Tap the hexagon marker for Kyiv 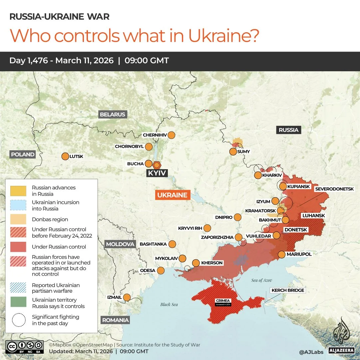[157, 165]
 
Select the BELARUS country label [113, 115]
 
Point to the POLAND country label [23, 155]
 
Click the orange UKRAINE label [173, 195]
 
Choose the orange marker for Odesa [161, 270]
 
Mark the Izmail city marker [127, 297]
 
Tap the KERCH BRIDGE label [288, 290]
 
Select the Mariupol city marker [281, 254]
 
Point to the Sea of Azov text [262, 280]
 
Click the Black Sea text [169, 304]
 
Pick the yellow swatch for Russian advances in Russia [18, 191]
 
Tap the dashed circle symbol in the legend [18, 320]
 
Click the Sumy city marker [233, 152]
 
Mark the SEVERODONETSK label [334, 189]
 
